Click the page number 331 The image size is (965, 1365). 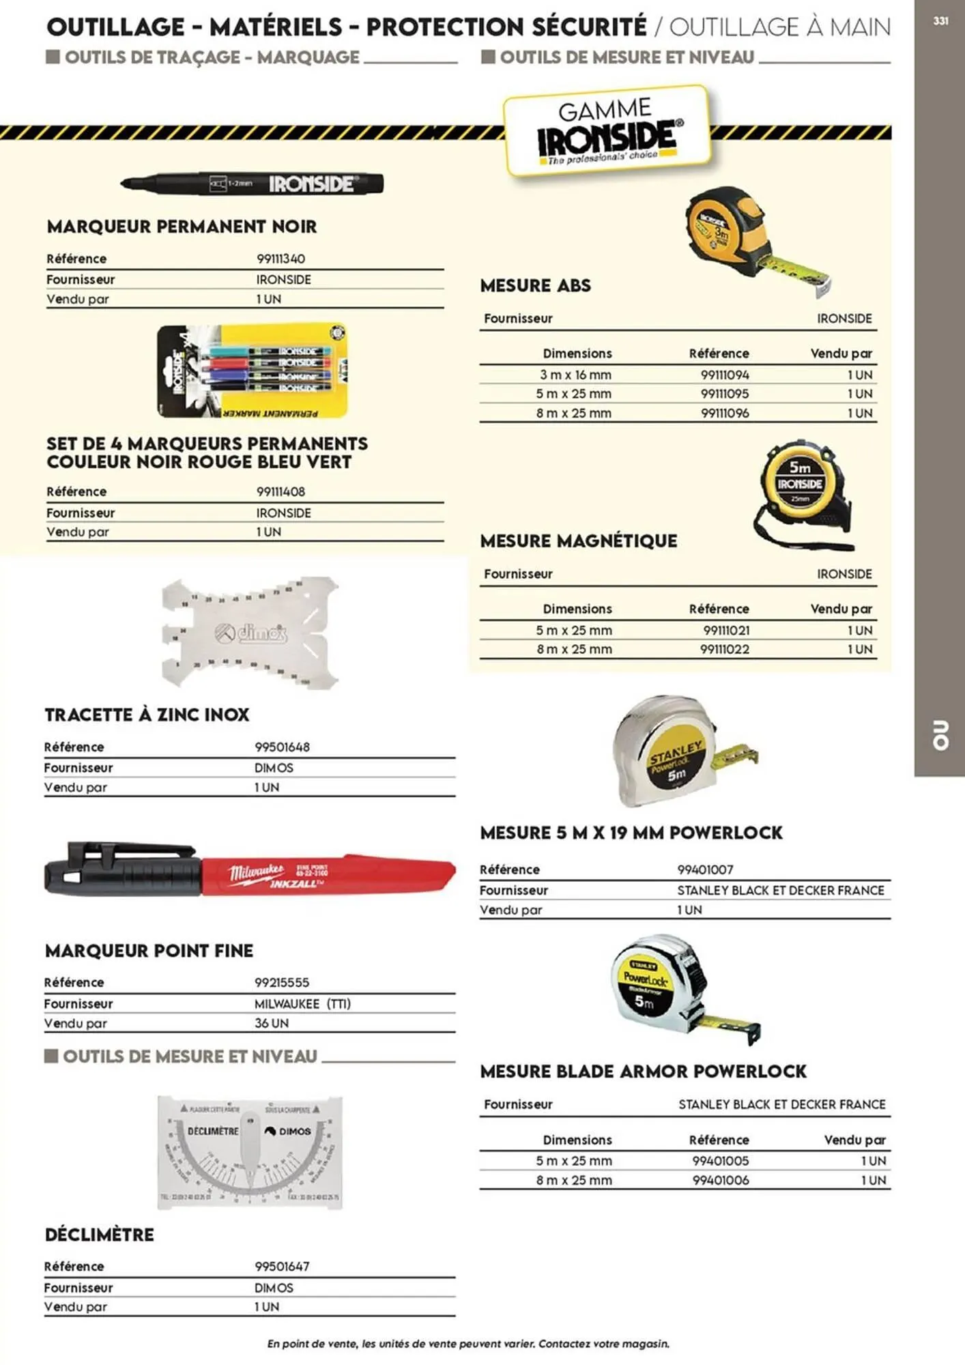940,21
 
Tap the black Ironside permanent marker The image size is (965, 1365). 253,184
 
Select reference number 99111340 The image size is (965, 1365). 280,259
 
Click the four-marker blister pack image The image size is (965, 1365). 252,371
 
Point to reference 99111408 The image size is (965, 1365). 280,491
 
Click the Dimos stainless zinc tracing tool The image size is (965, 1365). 250,633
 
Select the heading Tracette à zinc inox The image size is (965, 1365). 147,715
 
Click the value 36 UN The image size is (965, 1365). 271,1023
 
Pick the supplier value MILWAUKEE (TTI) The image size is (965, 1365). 302,1003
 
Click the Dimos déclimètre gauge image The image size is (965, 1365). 250,1152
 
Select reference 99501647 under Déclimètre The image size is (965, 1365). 282,1266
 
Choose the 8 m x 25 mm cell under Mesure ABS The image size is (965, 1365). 573,413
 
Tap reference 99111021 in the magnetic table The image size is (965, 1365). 726,630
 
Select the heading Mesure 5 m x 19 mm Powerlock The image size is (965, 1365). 631,833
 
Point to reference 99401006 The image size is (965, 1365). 721,1180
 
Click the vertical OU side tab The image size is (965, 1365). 940,735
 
